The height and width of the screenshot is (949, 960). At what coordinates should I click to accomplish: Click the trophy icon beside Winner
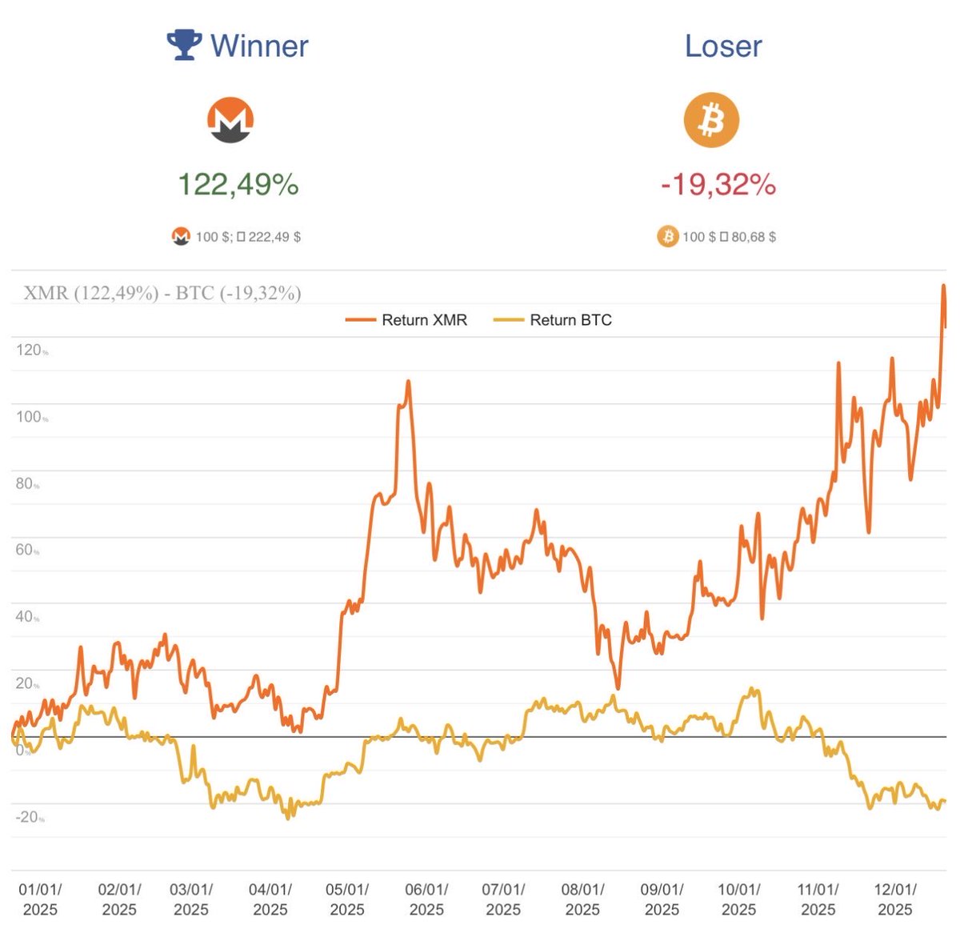pyautogui.click(x=184, y=45)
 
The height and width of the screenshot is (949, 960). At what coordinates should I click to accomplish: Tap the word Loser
pyautogui.click(x=723, y=46)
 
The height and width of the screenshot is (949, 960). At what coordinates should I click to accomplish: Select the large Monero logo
pyautogui.click(x=230, y=120)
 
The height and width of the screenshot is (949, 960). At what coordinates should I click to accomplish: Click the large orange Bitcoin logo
pyautogui.click(x=710, y=120)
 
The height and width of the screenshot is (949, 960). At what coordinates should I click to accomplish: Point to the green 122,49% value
pyautogui.click(x=238, y=185)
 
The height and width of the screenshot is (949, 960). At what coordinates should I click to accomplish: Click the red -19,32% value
pyautogui.click(x=718, y=185)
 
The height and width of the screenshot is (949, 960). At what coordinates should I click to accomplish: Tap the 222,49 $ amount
pyautogui.click(x=274, y=237)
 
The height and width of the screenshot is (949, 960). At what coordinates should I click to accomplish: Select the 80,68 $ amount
pyautogui.click(x=754, y=237)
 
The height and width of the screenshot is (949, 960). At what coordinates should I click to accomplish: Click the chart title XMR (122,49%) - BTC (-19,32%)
pyautogui.click(x=162, y=293)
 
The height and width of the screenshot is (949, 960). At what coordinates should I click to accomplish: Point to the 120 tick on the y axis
pyautogui.click(x=29, y=350)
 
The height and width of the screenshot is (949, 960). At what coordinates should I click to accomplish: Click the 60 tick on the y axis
pyautogui.click(x=26, y=550)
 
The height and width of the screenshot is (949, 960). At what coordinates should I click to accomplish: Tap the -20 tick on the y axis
pyautogui.click(x=29, y=817)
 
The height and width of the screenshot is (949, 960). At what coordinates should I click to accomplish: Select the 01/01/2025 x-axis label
pyautogui.click(x=40, y=899)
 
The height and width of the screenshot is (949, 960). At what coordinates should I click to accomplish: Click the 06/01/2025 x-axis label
pyautogui.click(x=426, y=899)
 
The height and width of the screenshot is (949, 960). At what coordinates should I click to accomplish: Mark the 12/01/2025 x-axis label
pyautogui.click(x=895, y=899)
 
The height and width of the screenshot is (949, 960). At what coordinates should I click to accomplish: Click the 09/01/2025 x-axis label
pyautogui.click(x=662, y=899)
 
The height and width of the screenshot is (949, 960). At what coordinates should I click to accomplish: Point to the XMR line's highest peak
pyautogui.click(x=944, y=286)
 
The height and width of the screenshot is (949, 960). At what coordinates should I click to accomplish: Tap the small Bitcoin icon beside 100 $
pyautogui.click(x=667, y=237)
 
